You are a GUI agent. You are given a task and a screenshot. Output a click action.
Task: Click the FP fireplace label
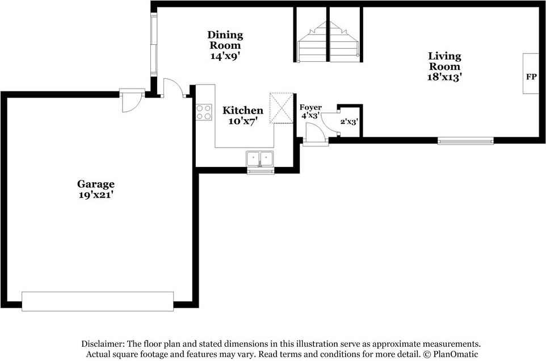point(531,75)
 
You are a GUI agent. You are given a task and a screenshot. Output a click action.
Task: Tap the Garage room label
point(96,184)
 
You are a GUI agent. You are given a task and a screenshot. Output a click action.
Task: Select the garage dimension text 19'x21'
point(96,195)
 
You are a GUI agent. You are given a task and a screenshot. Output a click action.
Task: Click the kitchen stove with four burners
point(204,112)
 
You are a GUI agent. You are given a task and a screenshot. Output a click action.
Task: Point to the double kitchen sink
point(261,158)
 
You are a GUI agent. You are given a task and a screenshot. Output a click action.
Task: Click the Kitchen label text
point(242,110)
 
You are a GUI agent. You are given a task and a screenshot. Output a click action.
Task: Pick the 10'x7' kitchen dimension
point(242,121)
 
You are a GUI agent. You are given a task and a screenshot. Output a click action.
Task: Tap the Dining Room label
point(225,40)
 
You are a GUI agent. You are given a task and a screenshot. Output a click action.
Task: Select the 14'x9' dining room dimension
point(225,56)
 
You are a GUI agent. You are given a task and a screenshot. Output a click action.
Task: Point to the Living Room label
point(444,61)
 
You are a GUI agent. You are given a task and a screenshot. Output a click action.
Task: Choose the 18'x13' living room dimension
point(444,77)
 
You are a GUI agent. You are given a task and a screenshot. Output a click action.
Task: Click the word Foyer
point(310,107)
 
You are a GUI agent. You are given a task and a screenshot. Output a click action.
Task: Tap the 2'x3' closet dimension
point(349,121)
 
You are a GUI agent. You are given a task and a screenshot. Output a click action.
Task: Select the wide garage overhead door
point(98,301)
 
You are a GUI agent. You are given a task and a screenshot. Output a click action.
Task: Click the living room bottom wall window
point(465,140)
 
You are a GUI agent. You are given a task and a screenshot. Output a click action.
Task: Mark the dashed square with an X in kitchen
point(280,108)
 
